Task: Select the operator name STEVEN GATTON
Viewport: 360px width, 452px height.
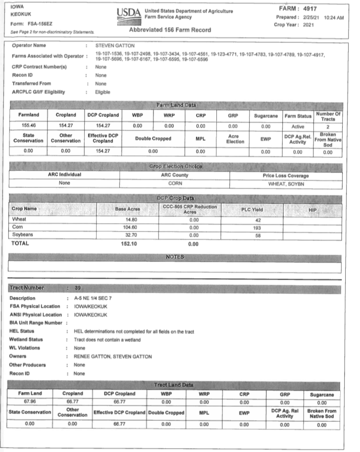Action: tap(114, 46)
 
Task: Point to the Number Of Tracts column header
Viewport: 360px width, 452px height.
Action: tap(328, 115)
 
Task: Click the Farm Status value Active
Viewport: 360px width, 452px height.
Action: tap(298, 126)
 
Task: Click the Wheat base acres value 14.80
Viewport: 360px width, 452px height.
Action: tap(127, 219)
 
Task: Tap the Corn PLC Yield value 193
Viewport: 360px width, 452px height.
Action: tap(257, 227)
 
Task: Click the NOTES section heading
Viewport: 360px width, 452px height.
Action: tap(175, 257)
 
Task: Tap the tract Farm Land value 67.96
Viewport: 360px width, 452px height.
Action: tap(30, 401)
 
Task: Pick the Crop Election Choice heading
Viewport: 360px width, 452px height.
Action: tap(175, 166)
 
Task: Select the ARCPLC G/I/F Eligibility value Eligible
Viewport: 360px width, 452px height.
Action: tap(103, 92)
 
